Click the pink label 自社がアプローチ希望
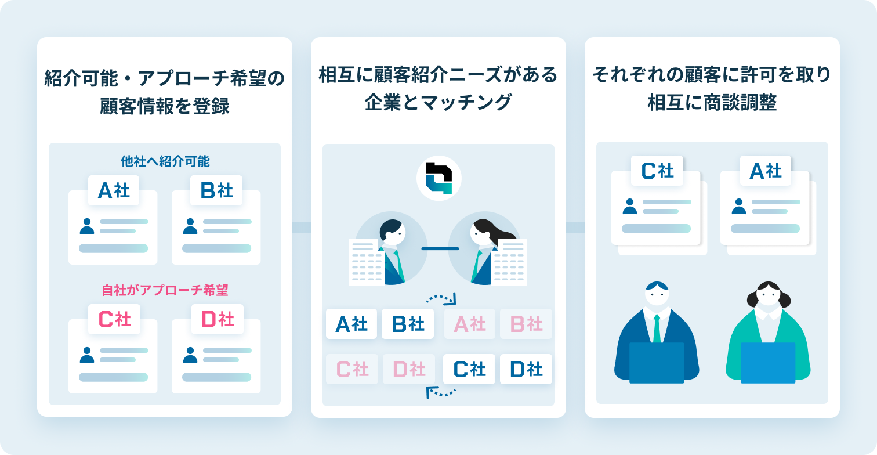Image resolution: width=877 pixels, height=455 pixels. (165, 290)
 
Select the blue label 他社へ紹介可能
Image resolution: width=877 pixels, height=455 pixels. (165, 161)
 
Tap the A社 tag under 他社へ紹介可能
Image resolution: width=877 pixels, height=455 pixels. (114, 190)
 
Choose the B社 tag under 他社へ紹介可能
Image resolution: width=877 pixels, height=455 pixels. (217, 190)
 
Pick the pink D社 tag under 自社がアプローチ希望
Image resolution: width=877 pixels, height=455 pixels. (217, 319)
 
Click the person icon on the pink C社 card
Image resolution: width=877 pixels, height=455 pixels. (87, 355)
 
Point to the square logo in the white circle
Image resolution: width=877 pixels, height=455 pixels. (438, 178)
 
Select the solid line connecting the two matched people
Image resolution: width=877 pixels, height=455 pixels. (440, 248)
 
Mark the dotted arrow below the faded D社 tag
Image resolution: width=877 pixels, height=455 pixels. (441, 393)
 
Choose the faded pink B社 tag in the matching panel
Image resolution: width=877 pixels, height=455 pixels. (526, 324)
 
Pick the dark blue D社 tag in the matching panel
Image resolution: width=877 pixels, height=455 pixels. (526, 369)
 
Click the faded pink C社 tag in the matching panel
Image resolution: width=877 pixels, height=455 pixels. (352, 369)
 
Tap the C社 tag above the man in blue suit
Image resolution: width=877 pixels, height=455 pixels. (657, 171)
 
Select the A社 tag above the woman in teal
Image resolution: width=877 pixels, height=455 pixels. (766, 171)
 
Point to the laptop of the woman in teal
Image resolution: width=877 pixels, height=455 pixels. (768, 363)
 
